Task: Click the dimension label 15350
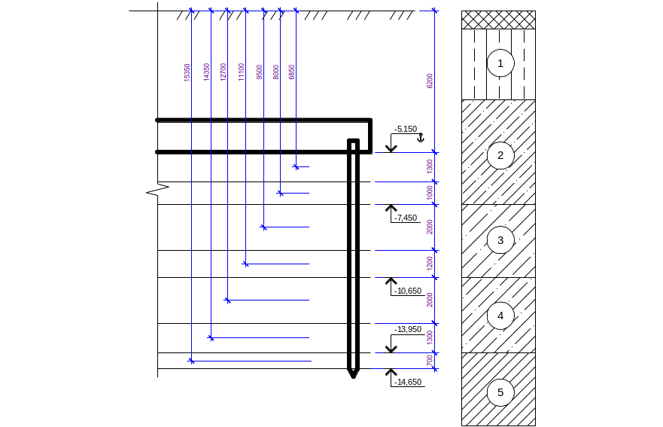[187, 72]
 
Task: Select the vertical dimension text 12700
[224, 72]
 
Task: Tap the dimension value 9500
[260, 72]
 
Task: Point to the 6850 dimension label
[292, 72]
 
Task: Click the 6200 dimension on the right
[430, 81]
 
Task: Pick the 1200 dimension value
[430, 264]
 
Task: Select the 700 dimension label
[430, 361]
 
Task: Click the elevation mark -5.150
[406, 129]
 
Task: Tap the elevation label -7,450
[406, 218]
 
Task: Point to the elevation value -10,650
[408, 291]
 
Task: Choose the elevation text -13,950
[408, 329]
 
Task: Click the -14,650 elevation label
[408, 382]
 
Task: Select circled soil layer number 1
[500, 63]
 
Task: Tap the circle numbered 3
[500, 240]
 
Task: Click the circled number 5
[500, 392]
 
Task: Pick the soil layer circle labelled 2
[500, 156]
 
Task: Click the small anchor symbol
[420, 138]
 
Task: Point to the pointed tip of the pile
[354, 377]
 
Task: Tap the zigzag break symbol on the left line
[158, 189]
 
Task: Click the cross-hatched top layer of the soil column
[498, 20]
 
